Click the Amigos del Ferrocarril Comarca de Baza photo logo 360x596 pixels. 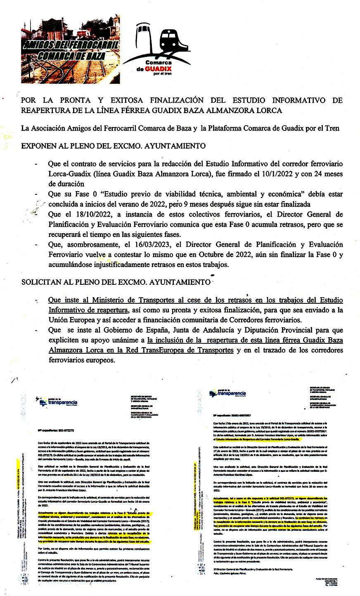71,49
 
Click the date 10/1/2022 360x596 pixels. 263,174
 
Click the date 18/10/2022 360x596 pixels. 83,214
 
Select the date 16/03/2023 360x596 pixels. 156,244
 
